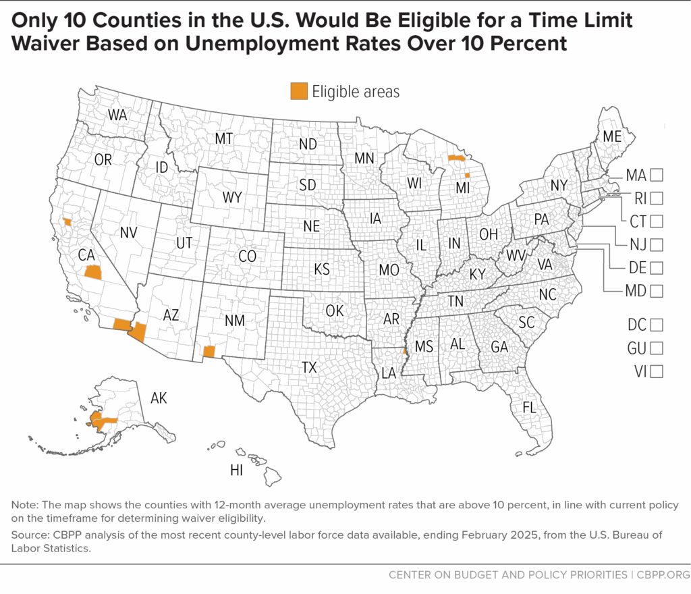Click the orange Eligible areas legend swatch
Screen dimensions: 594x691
coord(298,91)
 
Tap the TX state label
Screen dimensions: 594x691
coord(309,367)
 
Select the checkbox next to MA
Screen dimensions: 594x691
coord(657,175)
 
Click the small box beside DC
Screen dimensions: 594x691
coord(657,325)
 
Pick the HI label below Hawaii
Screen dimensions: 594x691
coord(236,470)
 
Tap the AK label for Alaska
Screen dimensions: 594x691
coord(159,398)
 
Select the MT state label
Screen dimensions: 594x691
coord(223,138)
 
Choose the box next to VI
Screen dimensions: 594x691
coord(657,371)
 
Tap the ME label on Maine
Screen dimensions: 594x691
coord(611,136)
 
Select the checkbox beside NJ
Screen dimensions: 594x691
coord(657,244)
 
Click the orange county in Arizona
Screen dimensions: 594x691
coord(138,331)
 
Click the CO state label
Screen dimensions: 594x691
coord(247,256)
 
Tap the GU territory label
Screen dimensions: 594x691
coord(636,348)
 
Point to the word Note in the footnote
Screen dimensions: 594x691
coord(24,506)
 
